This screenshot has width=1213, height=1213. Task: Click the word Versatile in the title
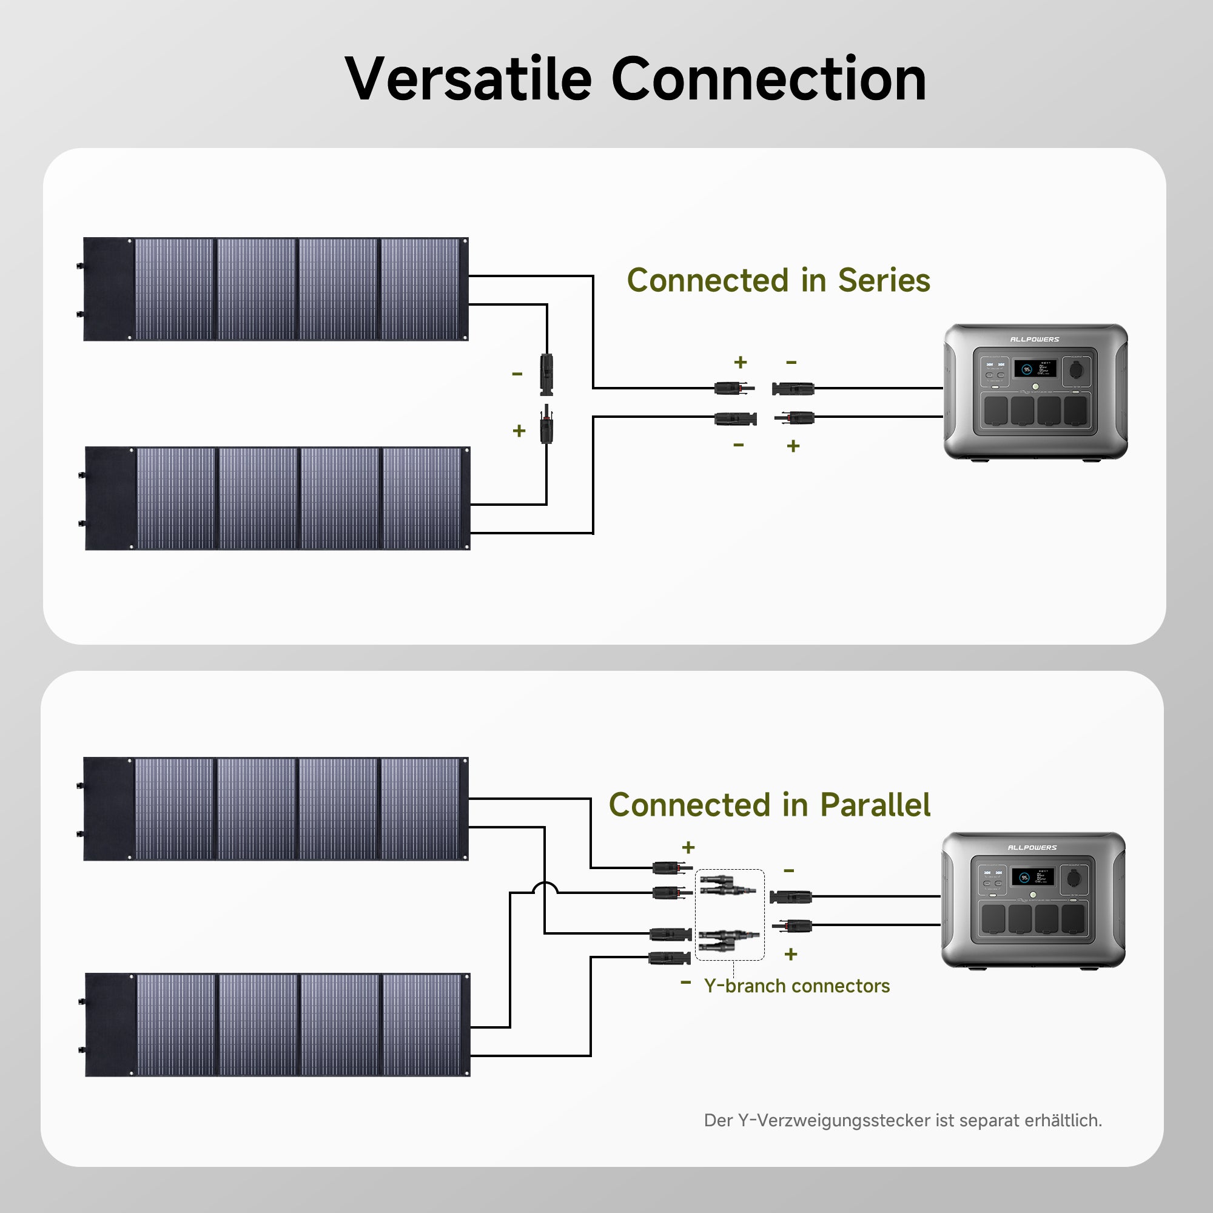pos(468,79)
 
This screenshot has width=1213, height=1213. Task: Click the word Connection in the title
pos(768,79)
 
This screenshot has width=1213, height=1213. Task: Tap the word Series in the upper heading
pos(884,280)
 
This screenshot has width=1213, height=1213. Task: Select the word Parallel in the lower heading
pos(875,805)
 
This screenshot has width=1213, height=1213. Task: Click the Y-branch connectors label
pos(797,986)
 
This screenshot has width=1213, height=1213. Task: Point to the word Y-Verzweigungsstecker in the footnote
pos(834,1121)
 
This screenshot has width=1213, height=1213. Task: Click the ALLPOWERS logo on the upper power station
pos(1034,340)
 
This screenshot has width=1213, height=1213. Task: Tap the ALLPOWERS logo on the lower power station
pos(1032,848)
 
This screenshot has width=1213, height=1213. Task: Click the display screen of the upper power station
pos(1035,369)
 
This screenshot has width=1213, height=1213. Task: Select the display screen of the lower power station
pos(1033,876)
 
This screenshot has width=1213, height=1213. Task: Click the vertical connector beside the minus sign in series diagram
pos(546,375)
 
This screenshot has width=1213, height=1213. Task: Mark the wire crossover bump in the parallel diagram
pos(545,887)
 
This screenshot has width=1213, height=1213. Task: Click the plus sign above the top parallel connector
pos(688,848)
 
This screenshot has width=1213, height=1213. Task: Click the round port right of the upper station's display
pos(1076,369)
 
